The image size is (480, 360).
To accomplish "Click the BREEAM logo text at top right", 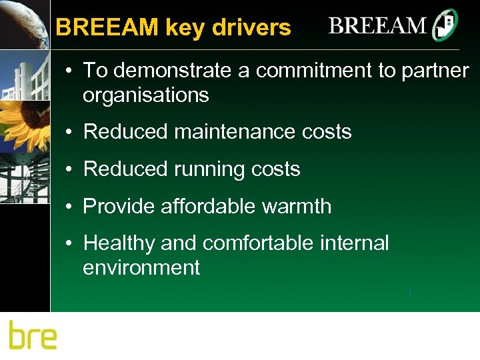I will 377,26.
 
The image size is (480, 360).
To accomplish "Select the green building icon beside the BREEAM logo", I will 445,26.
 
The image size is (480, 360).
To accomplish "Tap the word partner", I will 435,71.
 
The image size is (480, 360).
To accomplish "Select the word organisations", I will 145,95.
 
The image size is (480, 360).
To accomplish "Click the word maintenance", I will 235,131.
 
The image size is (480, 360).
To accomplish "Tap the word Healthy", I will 119,243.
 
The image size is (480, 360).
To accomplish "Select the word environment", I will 141,268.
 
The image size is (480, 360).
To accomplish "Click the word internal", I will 354,243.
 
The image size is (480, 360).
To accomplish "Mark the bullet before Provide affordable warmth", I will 69,206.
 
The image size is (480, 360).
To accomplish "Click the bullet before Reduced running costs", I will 69,169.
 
